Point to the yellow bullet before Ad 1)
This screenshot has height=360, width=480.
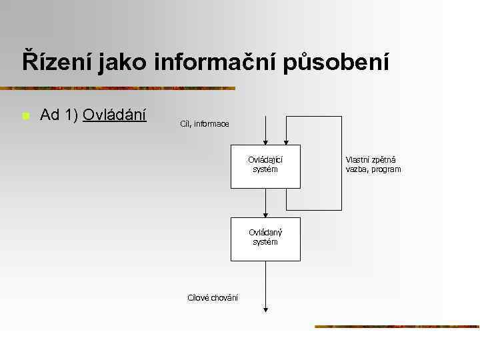(x=25, y=116)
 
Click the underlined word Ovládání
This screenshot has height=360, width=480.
(x=115, y=115)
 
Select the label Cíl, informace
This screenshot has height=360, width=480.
(x=205, y=124)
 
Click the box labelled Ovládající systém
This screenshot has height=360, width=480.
(x=265, y=166)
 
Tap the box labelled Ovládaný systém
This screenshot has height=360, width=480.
(x=265, y=239)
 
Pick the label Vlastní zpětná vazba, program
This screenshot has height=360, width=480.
(x=373, y=165)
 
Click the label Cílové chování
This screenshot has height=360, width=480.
(x=213, y=297)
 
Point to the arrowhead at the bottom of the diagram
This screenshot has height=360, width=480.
(x=265, y=309)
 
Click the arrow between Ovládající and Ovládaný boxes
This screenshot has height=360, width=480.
(x=265, y=203)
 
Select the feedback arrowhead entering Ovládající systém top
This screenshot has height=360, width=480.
(x=286, y=141)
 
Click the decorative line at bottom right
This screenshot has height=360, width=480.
(x=397, y=327)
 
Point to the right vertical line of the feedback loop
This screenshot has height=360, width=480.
(x=341, y=163)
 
